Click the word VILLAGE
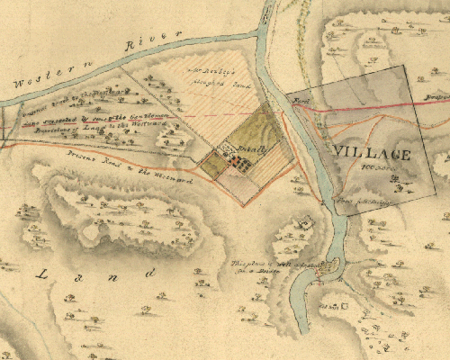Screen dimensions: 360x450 tap(371, 153)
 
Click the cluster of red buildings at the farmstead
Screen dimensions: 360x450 tap(238, 161)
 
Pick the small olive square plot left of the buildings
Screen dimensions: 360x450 tap(212, 164)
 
